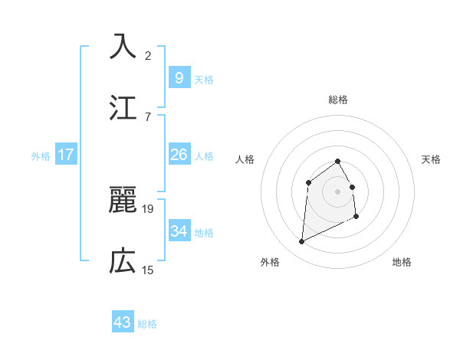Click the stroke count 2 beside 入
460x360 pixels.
click(x=148, y=55)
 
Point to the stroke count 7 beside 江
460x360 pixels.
click(x=148, y=116)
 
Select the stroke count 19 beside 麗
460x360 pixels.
click(x=148, y=208)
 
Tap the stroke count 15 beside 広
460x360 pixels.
click(x=148, y=270)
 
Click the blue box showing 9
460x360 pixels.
click(x=179, y=77)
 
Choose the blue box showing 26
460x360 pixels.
click(x=179, y=155)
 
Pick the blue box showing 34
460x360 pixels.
click(x=179, y=231)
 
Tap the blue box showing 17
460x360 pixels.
click(x=66, y=155)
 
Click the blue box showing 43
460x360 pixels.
click(x=122, y=322)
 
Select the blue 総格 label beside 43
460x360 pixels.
click(x=147, y=324)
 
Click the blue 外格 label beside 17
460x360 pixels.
click(x=41, y=155)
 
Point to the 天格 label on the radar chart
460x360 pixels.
click(x=432, y=159)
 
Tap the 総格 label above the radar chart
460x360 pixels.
click(x=338, y=100)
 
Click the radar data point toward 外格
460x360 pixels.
click(x=301, y=242)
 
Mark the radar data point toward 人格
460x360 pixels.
click(x=308, y=182)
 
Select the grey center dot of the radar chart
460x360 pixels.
click(x=338, y=191)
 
